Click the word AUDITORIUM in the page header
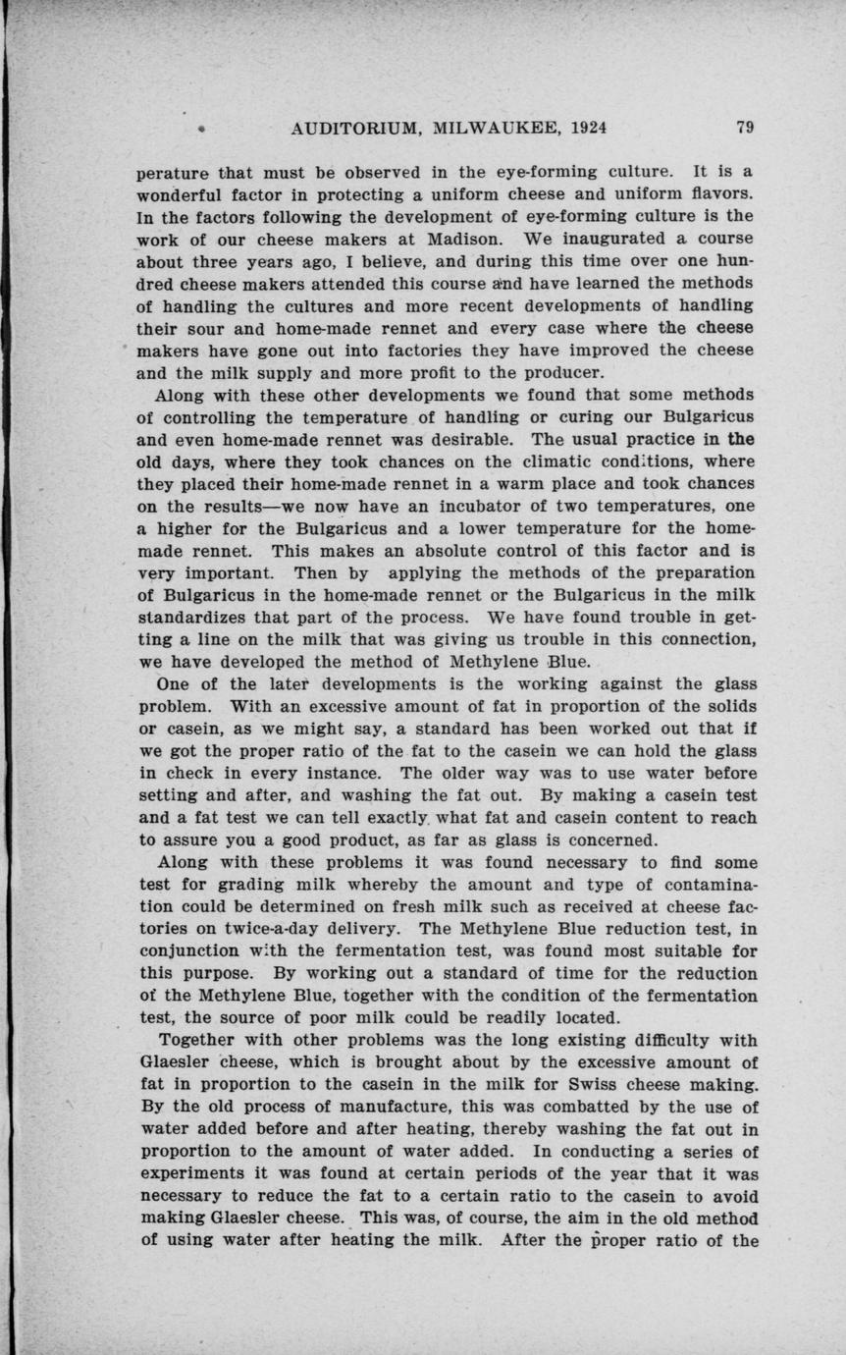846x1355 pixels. (x=347, y=129)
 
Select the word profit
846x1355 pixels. (x=440, y=373)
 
